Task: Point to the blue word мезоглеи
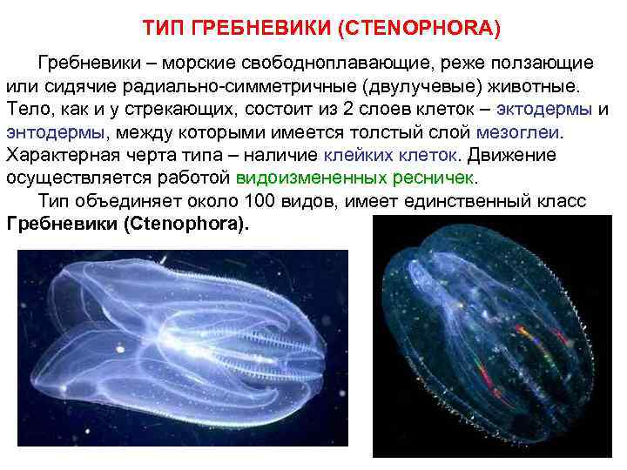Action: tap(520, 133)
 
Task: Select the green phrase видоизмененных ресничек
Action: tap(356, 178)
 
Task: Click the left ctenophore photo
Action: tap(183, 348)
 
